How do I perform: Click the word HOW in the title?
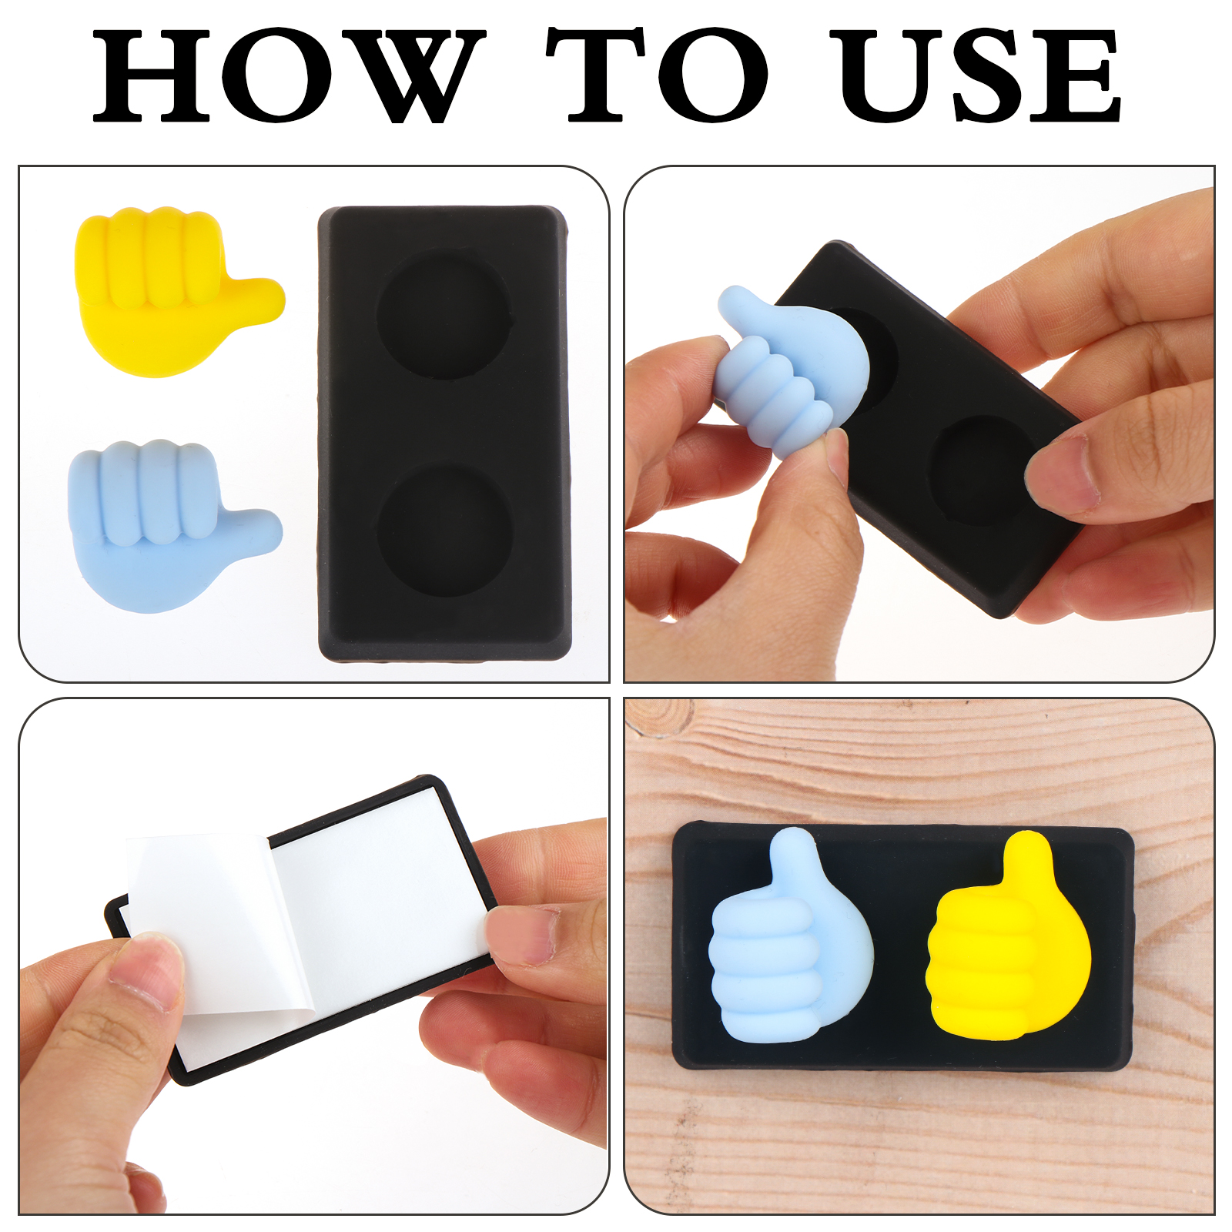coord(290,75)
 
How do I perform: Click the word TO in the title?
coord(658,75)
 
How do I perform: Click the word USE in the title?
coord(980,75)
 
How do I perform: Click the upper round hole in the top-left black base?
coord(444,314)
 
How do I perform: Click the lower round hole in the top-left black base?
coord(445,528)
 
